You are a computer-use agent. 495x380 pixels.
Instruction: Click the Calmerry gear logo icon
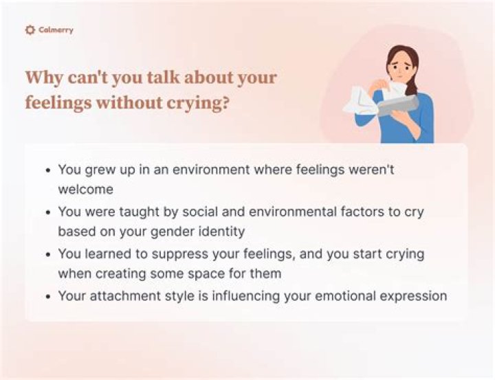tap(30, 30)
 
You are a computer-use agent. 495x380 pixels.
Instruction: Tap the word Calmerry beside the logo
tap(56, 30)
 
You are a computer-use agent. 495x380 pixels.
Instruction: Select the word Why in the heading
tap(45, 77)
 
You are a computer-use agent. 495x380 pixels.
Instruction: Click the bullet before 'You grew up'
tap(47, 170)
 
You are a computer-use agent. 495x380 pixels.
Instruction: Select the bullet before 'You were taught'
tap(47, 213)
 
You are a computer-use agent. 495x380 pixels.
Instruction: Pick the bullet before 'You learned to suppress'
tap(47, 255)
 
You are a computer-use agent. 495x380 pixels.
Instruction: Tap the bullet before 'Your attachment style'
tap(47, 297)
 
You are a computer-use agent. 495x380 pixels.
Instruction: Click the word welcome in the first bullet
tap(85, 188)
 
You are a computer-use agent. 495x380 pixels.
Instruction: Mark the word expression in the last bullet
tap(416, 296)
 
